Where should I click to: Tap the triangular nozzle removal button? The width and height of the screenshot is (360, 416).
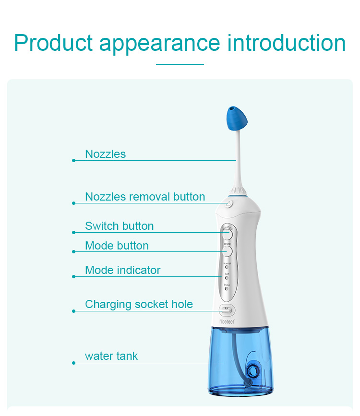(x=229, y=203)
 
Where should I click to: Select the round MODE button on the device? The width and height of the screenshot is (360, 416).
(x=228, y=250)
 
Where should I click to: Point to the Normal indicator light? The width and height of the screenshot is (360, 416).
(x=227, y=267)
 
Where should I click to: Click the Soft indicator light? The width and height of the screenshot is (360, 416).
(x=227, y=278)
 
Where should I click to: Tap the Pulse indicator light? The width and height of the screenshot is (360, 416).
(x=227, y=289)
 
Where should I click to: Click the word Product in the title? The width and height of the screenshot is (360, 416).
(x=53, y=43)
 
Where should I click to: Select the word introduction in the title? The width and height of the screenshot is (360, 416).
(x=286, y=43)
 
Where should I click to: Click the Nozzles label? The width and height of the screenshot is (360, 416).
(x=105, y=154)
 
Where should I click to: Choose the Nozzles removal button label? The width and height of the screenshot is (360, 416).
(x=145, y=197)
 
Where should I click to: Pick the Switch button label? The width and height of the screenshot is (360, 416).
(x=119, y=226)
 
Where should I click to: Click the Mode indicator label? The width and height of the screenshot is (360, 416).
(x=122, y=270)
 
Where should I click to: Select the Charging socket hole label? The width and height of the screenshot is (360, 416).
(x=139, y=304)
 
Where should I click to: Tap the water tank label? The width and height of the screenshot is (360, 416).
(x=111, y=356)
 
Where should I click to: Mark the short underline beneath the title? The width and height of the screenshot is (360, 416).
(x=180, y=64)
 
